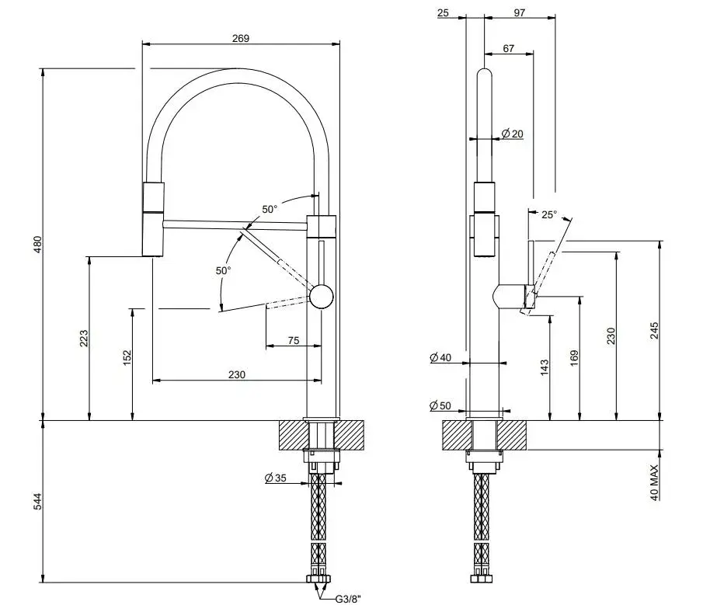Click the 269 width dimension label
pos(240,39)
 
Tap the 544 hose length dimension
pos(37,502)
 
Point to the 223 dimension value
pos(85,339)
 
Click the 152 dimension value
pos(127,356)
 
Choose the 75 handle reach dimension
pos(293,340)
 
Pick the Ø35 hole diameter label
pos(276,478)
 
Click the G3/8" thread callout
pos(346,599)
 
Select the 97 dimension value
pos(519,13)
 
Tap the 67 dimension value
pos(508,48)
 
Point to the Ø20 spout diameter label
pos(512,134)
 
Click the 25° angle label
pos(548,215)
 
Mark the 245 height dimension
pos(655,332)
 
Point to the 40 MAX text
pos(655,482)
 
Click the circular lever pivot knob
pos(321,296)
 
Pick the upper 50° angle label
pos(269,209)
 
